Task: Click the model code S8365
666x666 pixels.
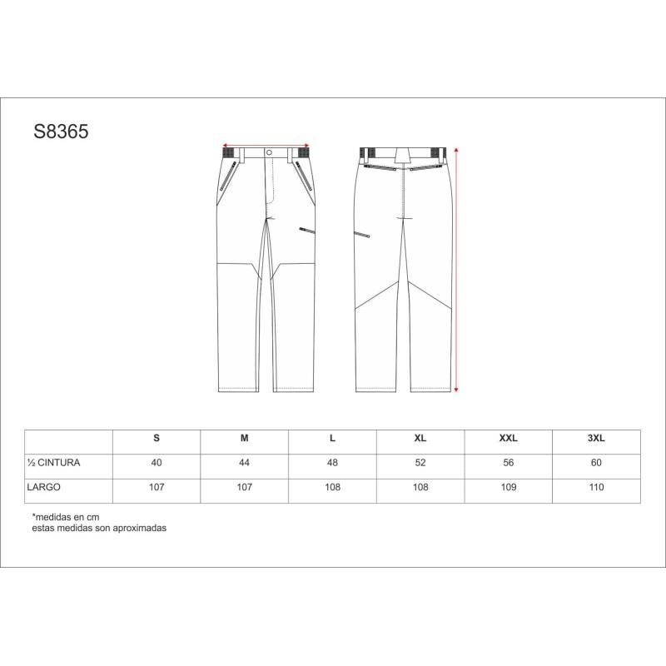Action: (x=61, y=132)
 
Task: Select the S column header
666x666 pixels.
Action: (x=157, y=438)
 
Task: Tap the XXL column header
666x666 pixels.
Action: (x=508, y=438)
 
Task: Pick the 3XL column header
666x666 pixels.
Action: (x=596, y=438)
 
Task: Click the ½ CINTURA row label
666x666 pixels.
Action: (x=53, y=463)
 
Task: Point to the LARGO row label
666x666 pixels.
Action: (x=44, y=487)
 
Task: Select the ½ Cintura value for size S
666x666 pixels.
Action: (x=157, y=463)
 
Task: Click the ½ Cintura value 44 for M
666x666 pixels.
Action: (x=244, y=463)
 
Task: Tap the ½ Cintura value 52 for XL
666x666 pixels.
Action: (x=420, y=463)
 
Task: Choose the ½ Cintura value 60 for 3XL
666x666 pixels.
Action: (x=596, y=463)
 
